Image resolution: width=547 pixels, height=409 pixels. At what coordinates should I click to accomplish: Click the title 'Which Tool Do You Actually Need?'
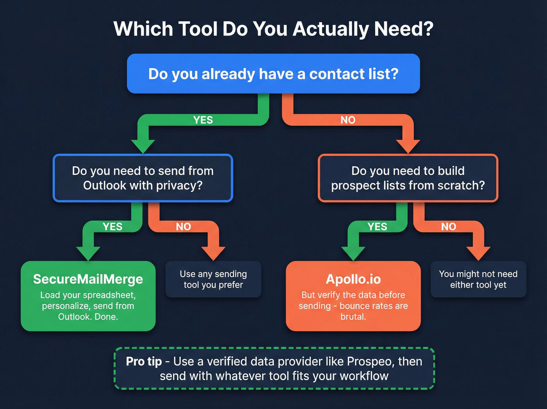point(273,29)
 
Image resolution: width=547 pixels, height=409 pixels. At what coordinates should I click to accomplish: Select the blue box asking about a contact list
point(273,74)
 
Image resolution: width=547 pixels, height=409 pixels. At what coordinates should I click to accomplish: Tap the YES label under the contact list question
point(203,120)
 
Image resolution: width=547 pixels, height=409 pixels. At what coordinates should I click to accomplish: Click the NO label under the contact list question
point(348,120)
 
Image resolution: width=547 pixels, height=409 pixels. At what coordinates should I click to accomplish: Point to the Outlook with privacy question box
point(143,178)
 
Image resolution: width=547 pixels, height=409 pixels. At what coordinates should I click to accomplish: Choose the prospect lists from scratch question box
point(408,178)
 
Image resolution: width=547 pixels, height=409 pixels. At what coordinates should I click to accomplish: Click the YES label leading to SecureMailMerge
point(113,227)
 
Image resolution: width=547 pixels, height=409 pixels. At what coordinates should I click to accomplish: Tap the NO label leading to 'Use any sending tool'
point(183,227)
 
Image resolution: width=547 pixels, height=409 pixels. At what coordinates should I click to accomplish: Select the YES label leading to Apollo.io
point(377,227)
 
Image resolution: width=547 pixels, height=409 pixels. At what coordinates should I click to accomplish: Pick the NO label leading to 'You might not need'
point(449,227)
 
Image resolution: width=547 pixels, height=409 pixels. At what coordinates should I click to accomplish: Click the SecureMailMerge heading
point(88,279)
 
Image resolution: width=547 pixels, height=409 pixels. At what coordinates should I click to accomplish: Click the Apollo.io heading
point(353,279)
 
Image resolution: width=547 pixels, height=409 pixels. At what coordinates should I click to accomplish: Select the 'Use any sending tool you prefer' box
point(213,279)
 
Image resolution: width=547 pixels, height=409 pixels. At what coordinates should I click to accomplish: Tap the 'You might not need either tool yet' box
point(478,279)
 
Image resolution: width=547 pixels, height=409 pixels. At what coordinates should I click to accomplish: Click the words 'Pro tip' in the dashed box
point(144,361)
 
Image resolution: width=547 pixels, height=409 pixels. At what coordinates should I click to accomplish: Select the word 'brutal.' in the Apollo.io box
point(353,317)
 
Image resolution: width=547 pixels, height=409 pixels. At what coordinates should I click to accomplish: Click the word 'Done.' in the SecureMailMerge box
point(106,317)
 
